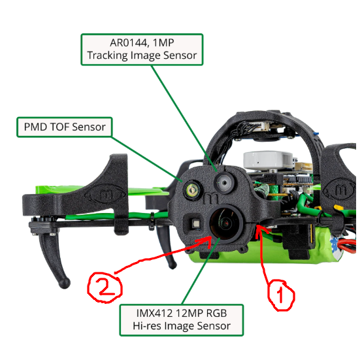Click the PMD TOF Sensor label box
pyautogui.click(x=65, y=127)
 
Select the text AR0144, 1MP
pyautogui.click(x=142, y=42)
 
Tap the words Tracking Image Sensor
pyautogui.click(x=142, y=56)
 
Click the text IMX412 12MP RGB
pyautogui.click(x=182, y=313)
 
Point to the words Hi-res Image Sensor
pyautogui.click(x=182, y=326)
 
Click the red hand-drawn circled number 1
pyautogui.click(x=281, y=295)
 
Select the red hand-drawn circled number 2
pyautogui.click(x=105, y=287)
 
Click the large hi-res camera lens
pyautogui.click(x=226, y=223)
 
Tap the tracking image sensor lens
pyautogui.click(x=224, y=182)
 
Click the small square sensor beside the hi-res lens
pyautogui.click(x=196, y=223)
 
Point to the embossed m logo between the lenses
pyautogui.click(x=211, y=199)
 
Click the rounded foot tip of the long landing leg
pyautogui.click(x=64, y=283)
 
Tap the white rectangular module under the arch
pyautogui.click(x=269, y=159)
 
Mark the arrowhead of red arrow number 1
pyautogui.click(x=259, y=229)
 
